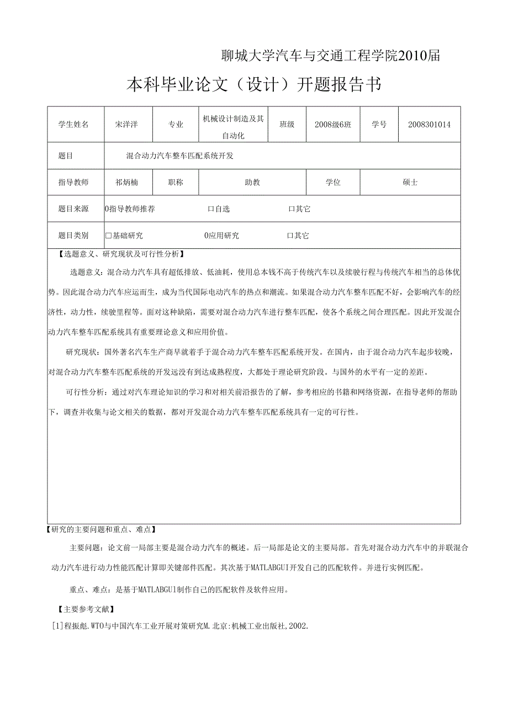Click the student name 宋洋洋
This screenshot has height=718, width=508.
click(126, 124)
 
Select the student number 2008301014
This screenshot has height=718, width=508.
click(429, 124)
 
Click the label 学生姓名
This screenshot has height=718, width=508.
click(73, 124)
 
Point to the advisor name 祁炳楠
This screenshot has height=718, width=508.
click(126, 182)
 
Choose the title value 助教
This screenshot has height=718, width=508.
click(252, 182)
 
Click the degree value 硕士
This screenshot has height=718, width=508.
click(410, 182)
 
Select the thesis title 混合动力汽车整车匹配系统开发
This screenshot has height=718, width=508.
click(180, 156)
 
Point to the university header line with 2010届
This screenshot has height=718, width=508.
click(330, 56)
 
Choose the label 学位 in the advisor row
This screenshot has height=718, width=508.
click(333, 182)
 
